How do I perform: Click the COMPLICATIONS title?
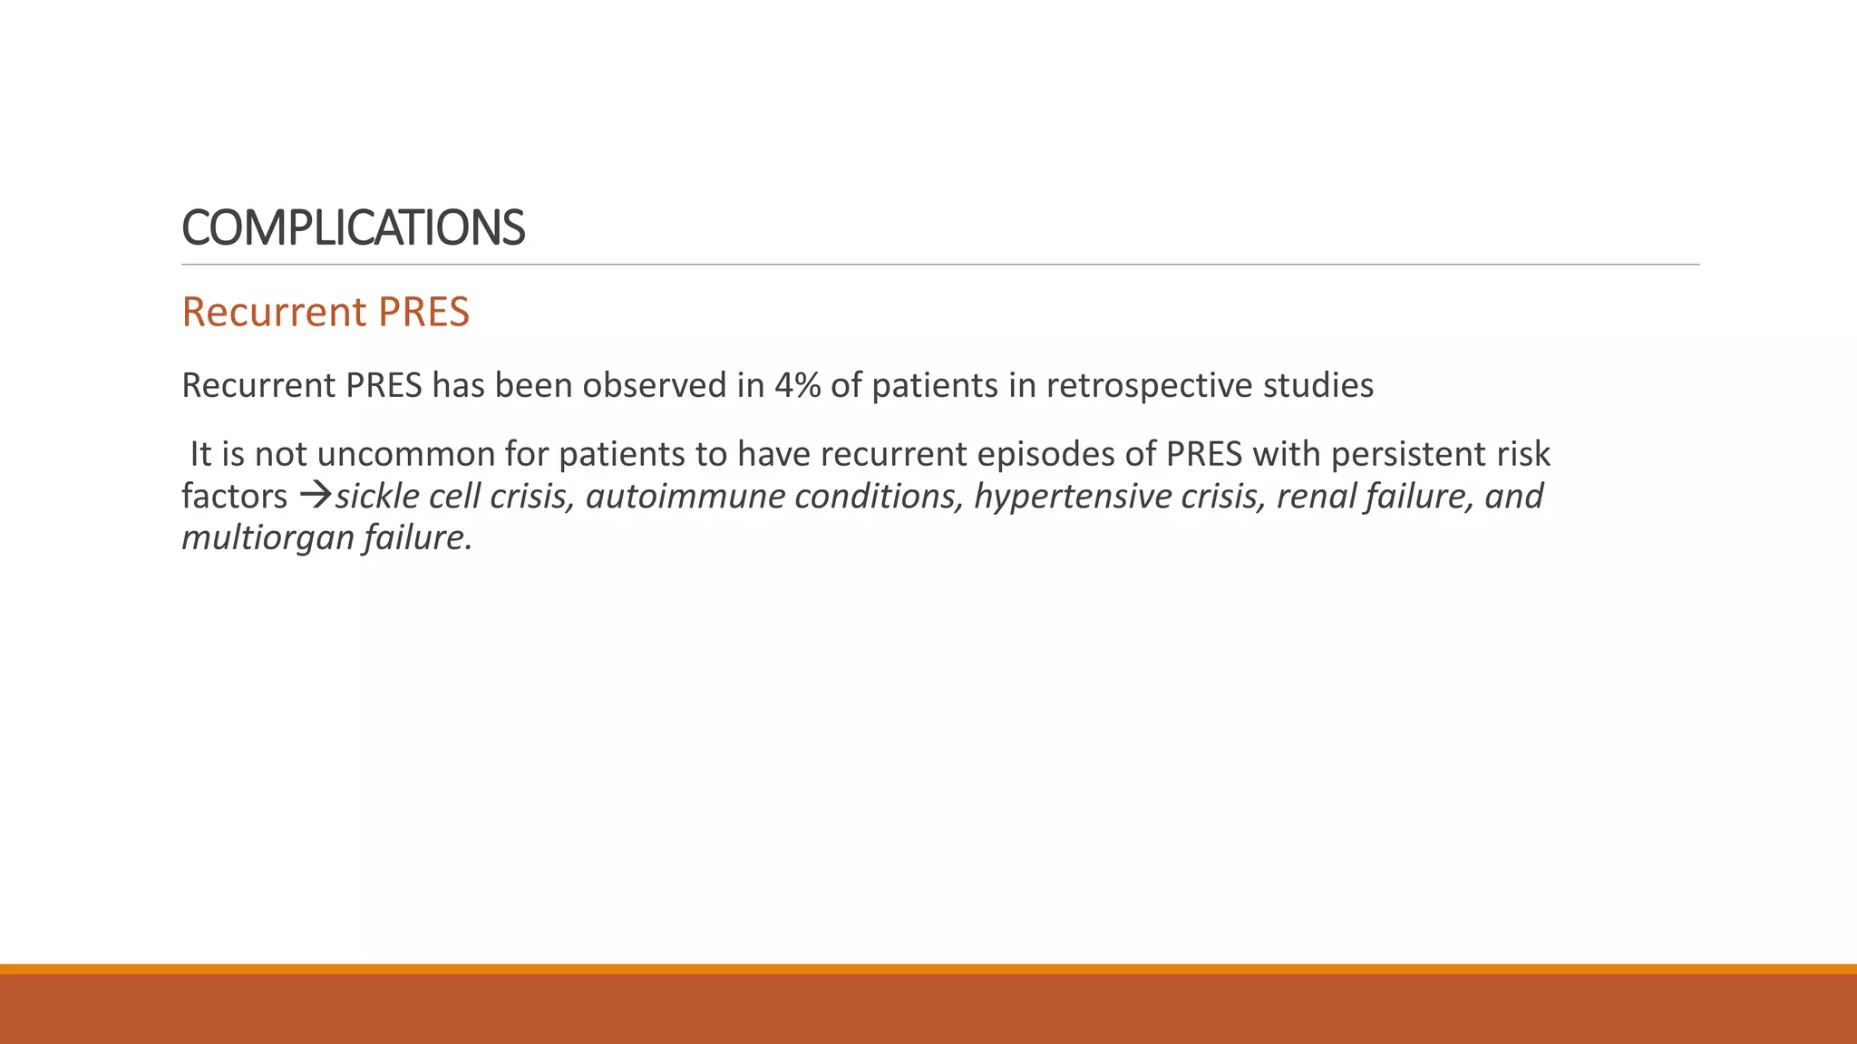point(353,227)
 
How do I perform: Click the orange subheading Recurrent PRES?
point(326,312)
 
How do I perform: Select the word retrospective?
point(1145,386)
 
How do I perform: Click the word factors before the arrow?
point(234,497)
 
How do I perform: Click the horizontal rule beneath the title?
point(940,265)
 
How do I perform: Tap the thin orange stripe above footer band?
point(928,969)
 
